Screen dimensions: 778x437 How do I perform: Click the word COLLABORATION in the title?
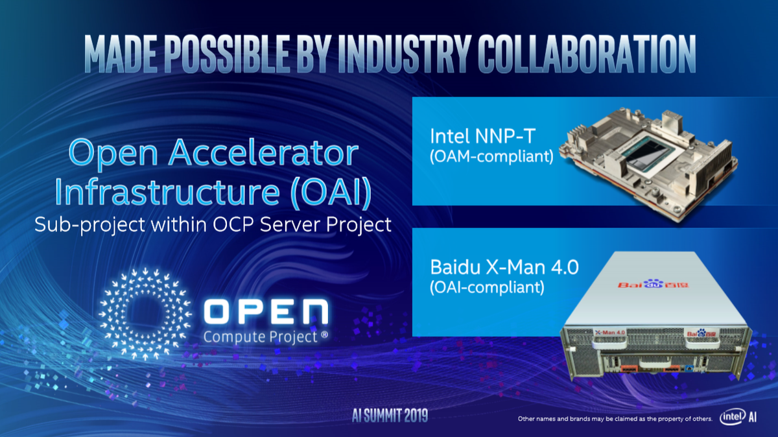[x=587, y=55]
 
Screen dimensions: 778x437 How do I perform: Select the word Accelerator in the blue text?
[x=264, y=153]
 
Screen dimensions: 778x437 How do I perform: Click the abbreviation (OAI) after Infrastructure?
[x=331, y=192]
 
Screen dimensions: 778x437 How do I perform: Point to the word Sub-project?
[x=89, y=225]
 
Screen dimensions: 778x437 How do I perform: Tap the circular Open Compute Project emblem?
[x=145, y=314]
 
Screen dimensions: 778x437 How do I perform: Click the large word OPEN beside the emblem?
[x=266, y=312]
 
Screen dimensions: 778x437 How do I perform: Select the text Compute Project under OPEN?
[x=261, y=337]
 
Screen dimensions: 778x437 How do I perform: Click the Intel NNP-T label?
[x=483, y=136]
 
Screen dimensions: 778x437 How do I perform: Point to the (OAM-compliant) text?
[x=491, y=157]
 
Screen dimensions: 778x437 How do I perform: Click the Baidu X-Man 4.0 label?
[x=504, y=267]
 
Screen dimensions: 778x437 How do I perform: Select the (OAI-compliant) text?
[x=487, y=288]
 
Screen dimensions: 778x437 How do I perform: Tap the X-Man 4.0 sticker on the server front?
[x=610, y=333]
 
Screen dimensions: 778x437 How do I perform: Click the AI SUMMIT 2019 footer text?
[x=390, y=416]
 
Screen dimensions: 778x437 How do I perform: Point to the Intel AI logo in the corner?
[x=738, y=417]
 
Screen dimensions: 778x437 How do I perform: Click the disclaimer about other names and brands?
[x=615, y=419]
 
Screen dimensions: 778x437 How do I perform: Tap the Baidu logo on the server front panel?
[x=701, y=333]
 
